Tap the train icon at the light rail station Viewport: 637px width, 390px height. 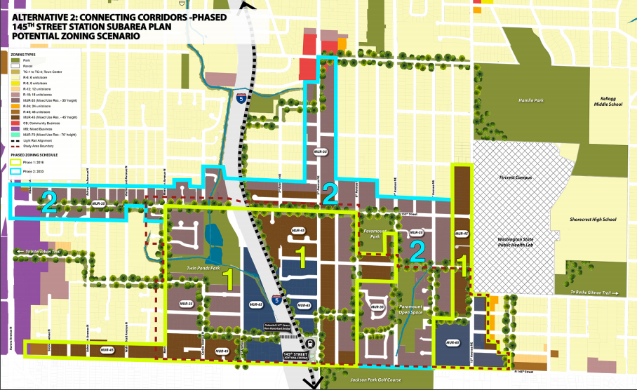(x=310, y=344)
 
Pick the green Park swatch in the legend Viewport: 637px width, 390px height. (x=14, y=60)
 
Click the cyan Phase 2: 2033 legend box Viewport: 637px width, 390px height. (x=14, y=169)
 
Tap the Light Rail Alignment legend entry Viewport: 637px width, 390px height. (x=35, y=141)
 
